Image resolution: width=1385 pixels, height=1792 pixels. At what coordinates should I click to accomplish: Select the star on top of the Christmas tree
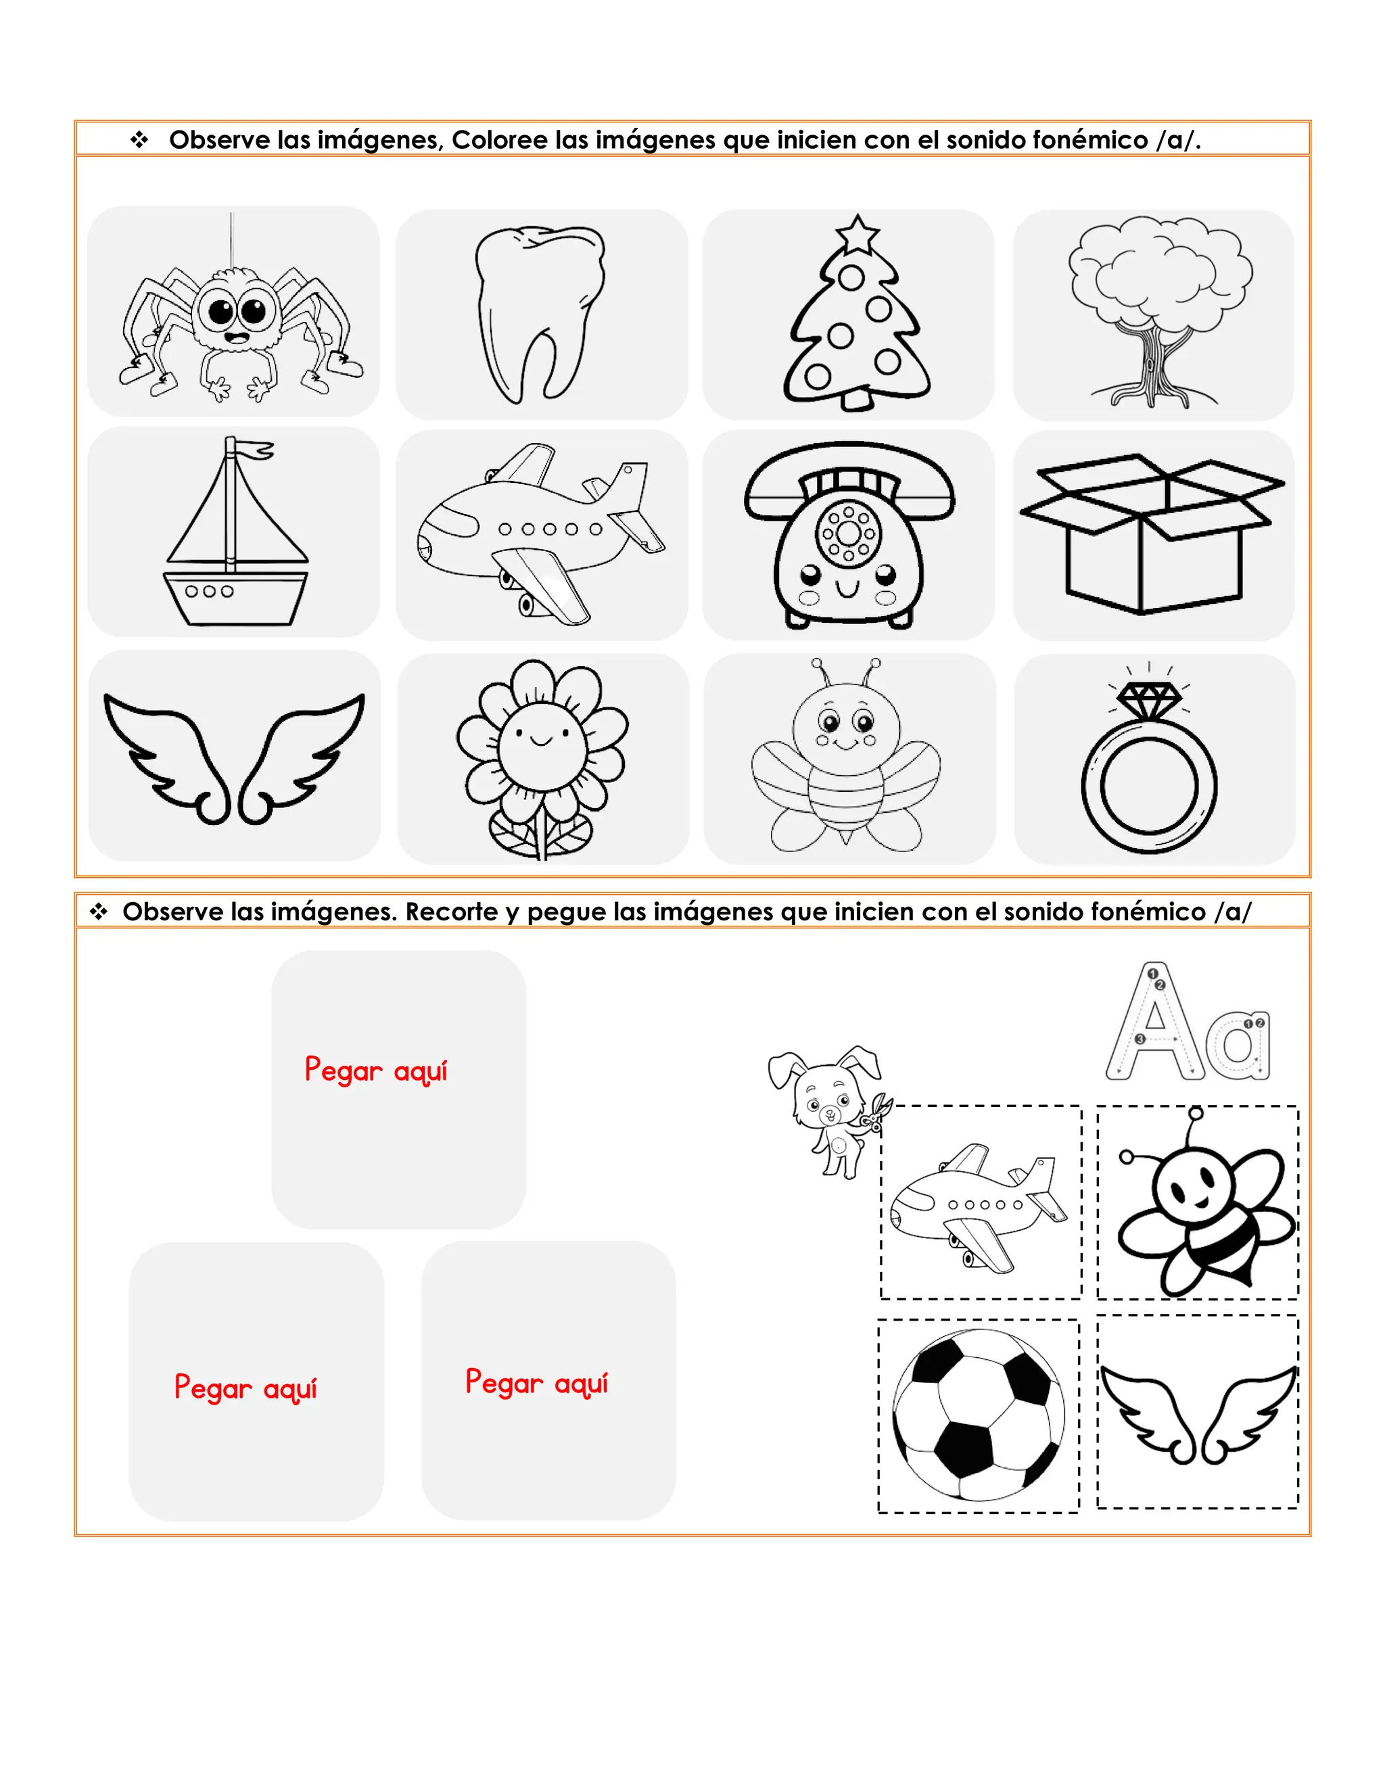coord(857,234)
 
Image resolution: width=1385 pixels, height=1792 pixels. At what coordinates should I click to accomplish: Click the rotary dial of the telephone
coord(849,534)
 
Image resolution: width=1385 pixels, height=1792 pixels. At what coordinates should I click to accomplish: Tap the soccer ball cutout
coord(978,1415)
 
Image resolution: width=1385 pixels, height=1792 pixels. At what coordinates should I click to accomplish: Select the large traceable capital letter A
coord(1154,1026)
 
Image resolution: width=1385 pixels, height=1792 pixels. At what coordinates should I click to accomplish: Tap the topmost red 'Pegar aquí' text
coord(376,1070)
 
